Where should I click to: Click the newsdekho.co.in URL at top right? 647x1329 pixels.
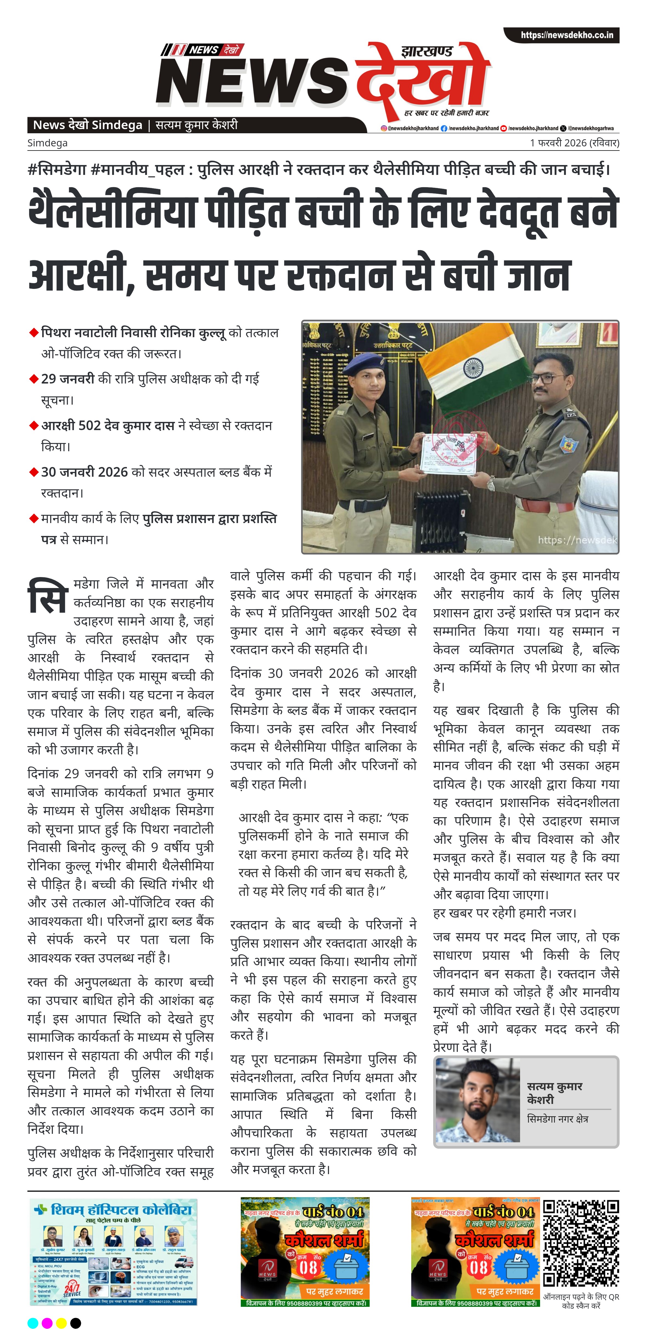click(566, 35)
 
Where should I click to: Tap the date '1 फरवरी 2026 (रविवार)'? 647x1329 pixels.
click(574, 143)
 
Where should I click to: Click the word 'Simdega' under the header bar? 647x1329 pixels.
click(47, 143)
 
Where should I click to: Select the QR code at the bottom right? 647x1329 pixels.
click(581, 1244)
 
